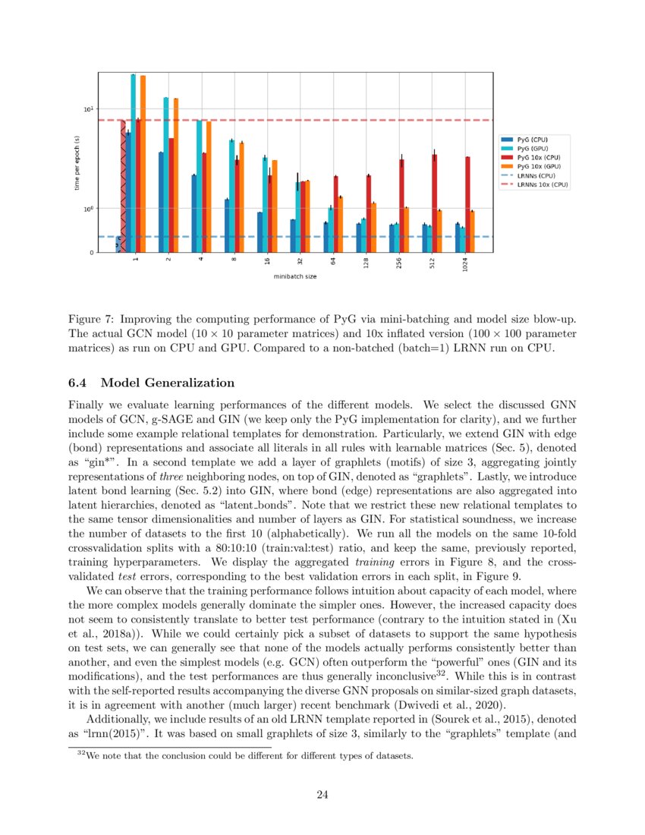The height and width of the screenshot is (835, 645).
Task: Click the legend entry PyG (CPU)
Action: click(x=532, y=140)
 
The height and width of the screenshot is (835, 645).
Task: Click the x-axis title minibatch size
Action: click(x=295, y=277)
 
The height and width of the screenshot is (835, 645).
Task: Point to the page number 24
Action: click(x=322, y=794)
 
